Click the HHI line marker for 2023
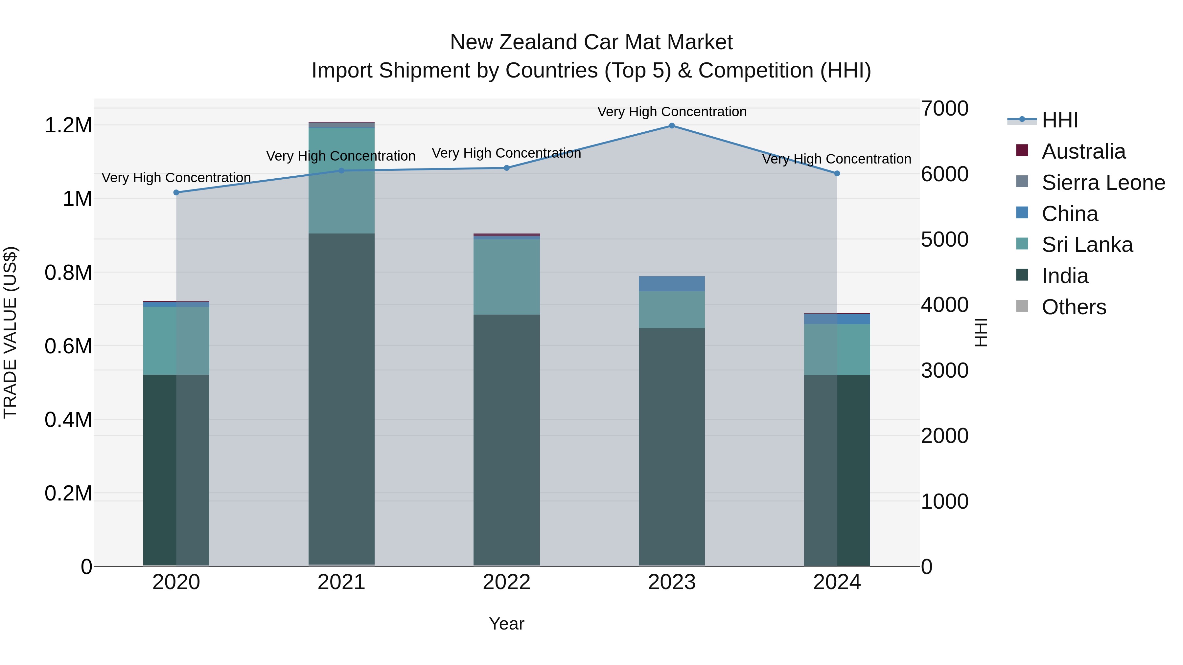point(671,126)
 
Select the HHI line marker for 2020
point(176,192)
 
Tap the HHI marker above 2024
point(837,173)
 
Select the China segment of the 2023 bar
point(671,284)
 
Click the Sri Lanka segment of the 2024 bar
point(837,349)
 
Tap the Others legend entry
point(1074,307)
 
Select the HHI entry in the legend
point(1059,120)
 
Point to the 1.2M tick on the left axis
point(68,125)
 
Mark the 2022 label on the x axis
point(506,582)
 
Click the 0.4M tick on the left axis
point(68,419)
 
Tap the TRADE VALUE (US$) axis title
point(10,332)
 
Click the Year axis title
point(506,624)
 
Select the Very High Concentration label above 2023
point(671,112)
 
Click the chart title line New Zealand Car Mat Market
point(591,42)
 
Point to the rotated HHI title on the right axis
point(981,332)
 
